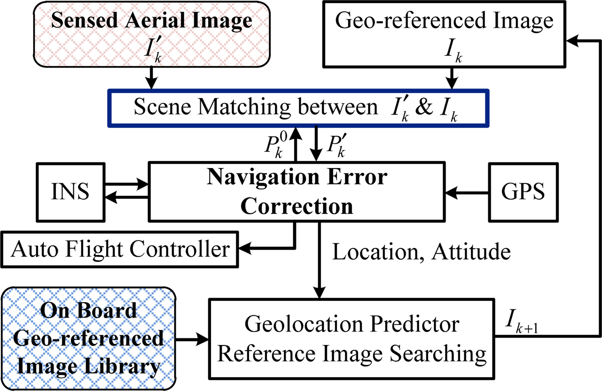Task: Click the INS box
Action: (x=71, y=192)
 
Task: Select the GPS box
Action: (x=523, y=192)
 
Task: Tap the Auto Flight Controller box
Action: (x=120, y=250)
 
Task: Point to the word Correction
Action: (x=297, y=206)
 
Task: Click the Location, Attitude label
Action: (x=421, y=252)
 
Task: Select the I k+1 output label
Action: (x=521, y=321)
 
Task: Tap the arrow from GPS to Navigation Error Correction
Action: (x=467, y=193)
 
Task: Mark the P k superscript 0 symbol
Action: (x=276, y=145)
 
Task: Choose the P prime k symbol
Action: (x=337, y=145)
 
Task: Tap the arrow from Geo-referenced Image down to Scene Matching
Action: (x=451, y=78)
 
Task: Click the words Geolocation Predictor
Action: (x=352, y=324)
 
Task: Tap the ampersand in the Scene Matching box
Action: (x=424, y=107)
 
